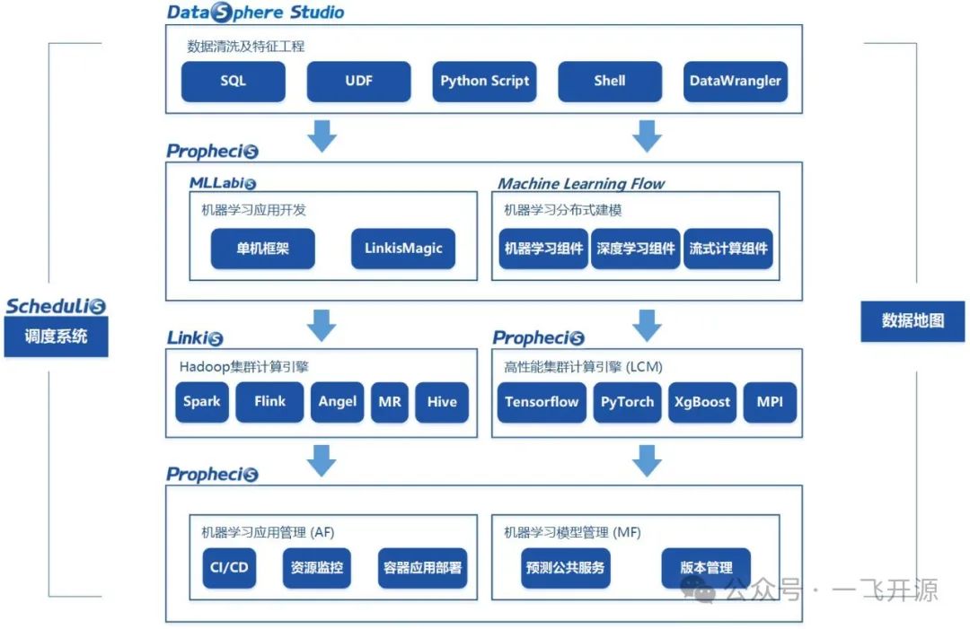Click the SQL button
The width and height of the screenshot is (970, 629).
click(234, 81)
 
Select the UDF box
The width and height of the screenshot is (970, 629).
click(358, 81)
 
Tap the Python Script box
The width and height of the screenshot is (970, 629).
click(484, 81)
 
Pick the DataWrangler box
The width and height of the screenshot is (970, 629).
click(735, 81)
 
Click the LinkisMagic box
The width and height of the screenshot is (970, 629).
click(403, 249)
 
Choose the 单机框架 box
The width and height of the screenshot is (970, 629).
click(262, 249)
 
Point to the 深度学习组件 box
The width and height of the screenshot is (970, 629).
click(636, 249)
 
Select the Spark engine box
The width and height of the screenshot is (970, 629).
click(202, 402)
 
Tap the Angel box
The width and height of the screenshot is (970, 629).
click(338, 402)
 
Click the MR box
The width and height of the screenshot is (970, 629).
click(390, 402)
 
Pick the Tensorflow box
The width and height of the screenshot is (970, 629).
click(542, 402)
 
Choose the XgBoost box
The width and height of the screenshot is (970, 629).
click(702, 402)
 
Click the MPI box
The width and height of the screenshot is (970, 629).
click(770, 402)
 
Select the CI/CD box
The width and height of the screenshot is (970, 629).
click(229, 568)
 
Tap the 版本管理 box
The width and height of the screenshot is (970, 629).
click(706, 568)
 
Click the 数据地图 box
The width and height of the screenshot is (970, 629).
click(913, 320)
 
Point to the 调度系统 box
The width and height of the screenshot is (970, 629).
click(56, 336)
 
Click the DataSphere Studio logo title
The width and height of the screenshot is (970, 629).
click(255, 13)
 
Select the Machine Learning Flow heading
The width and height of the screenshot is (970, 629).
click(581, 184)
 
